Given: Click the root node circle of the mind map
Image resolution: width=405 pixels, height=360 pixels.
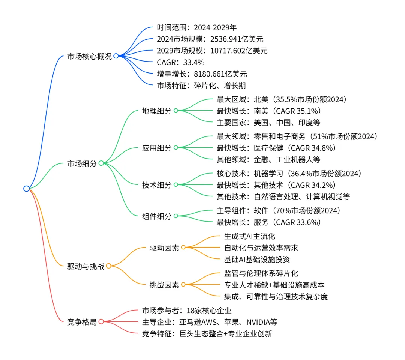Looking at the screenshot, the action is (26, 189).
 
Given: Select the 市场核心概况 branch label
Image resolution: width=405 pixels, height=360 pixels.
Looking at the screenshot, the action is (89, 57).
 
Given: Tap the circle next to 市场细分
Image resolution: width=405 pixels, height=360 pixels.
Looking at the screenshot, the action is (101, 163).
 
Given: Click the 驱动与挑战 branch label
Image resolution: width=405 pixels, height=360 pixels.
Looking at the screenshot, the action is (86, 266).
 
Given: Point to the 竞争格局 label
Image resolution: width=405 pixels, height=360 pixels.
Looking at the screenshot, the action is (82, 322).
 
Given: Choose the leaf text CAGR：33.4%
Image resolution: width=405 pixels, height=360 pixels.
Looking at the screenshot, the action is (180, 62).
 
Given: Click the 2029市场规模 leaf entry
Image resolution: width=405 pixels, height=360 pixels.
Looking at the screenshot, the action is (212, 50).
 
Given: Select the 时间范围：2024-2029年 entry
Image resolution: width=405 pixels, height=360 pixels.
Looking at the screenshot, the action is (196, 27).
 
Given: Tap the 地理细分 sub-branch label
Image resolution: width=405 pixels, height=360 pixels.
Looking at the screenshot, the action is (156, 111).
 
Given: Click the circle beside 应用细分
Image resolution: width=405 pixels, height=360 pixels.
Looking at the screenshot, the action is (175, 148).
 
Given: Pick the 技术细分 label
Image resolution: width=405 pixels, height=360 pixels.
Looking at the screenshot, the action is (156, 185).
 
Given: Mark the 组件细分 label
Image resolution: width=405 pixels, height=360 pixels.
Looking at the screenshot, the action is (156, 216).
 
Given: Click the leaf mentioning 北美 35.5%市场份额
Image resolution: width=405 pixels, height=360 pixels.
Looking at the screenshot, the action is (281, 99).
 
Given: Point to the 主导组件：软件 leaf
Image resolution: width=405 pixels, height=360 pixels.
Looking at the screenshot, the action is (278, 210).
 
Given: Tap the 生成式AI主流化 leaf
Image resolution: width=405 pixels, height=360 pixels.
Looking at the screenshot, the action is (249, 236).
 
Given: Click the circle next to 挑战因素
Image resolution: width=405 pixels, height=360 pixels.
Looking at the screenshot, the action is (183, 284).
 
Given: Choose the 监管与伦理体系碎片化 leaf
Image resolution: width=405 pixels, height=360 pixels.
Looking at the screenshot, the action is (261, 273).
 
